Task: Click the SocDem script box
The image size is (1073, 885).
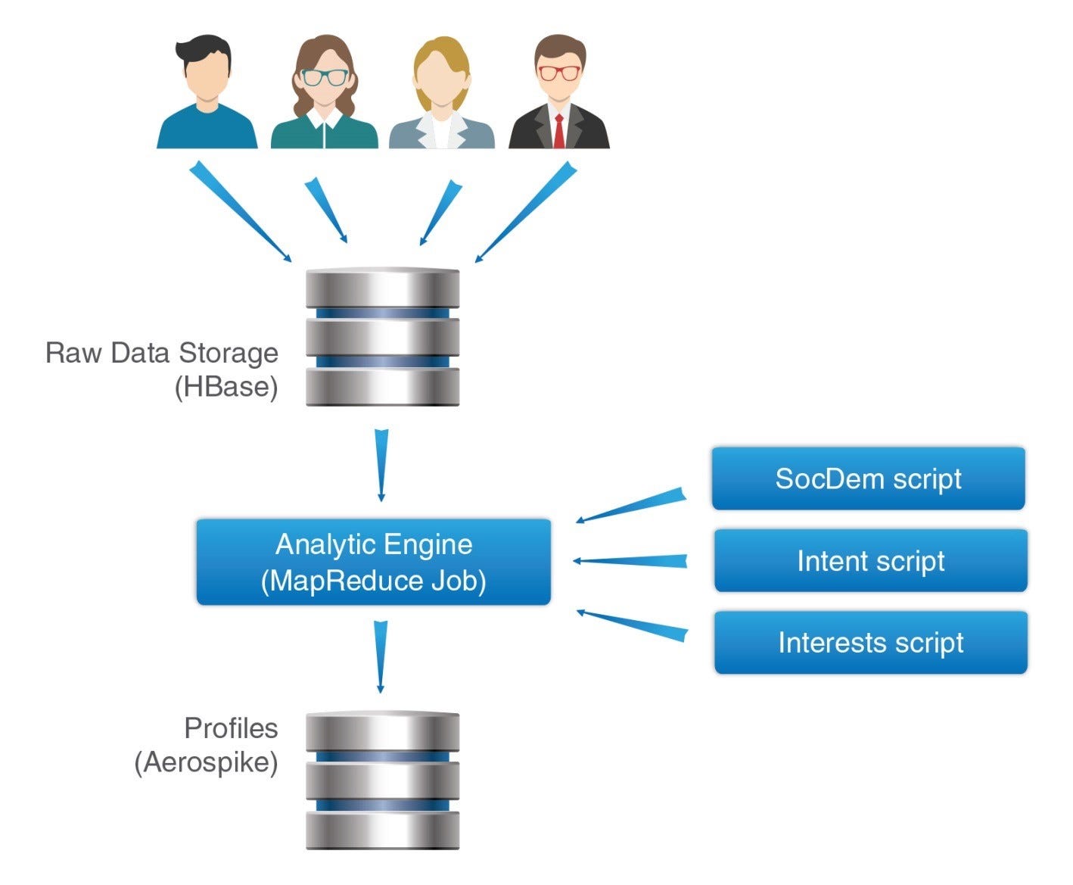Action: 868,478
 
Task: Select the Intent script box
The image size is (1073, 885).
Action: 870,560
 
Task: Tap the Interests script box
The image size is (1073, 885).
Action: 870,642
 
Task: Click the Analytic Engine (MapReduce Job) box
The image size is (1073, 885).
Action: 373,562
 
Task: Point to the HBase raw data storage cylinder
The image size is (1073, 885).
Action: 382,336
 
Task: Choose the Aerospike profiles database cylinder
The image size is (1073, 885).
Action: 382,780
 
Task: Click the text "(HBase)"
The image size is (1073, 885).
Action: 226,387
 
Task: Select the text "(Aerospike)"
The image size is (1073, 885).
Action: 206,762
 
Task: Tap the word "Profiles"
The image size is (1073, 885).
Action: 231,728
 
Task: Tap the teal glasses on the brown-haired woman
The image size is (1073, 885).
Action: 325,76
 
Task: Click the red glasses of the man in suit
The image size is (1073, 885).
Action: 559,73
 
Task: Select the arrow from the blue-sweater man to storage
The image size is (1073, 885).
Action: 238,210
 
